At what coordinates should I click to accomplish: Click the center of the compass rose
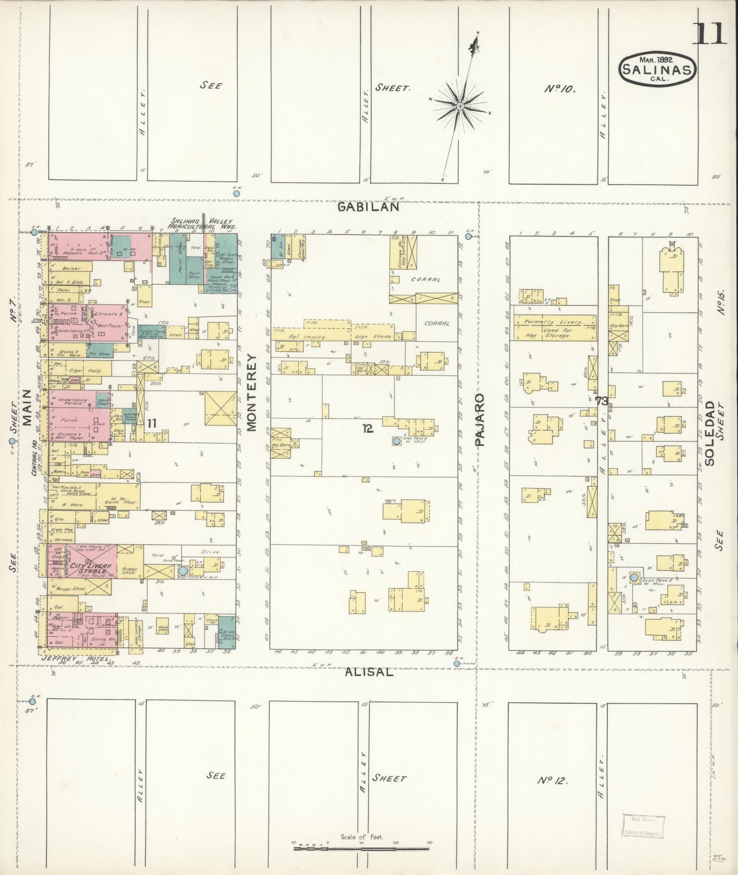[460, 106]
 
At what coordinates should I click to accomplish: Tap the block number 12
[367, 429]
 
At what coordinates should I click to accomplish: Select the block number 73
[601, 401]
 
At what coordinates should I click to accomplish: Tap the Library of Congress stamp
[643, 827]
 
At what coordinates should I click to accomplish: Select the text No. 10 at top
[560, 89]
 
